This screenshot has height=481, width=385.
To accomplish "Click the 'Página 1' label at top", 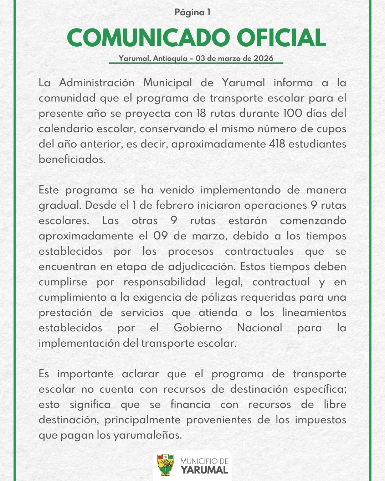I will point(192,12).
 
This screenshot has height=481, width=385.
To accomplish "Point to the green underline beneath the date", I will point(196,63).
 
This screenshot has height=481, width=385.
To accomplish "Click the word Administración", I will point(97,83).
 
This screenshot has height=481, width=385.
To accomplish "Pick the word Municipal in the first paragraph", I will point(168,83).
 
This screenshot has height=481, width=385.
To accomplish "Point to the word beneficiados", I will point(72,159).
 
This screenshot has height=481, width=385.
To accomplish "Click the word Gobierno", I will point(198,328).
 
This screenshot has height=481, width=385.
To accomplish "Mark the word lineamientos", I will point(314,312).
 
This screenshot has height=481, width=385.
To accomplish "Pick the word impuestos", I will point(320,420).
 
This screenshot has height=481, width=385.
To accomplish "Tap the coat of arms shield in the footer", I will point(165,465).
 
